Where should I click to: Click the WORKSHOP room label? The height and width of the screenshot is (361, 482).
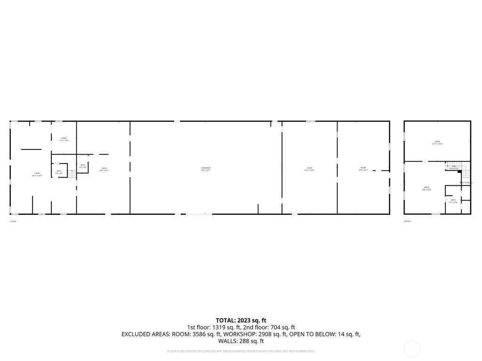pos(206,168)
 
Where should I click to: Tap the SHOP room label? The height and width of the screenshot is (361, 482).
pos(37,173)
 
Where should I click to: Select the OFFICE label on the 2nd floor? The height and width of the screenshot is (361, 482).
pos(426,188)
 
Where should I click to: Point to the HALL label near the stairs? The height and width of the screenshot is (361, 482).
pos(454,166)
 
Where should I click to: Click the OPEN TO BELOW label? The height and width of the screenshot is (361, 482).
pos(466,182)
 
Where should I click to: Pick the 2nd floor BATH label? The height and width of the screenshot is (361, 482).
pos(453,200)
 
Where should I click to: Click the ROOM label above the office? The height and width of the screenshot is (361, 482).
pos(437,141)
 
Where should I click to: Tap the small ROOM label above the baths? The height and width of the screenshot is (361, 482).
pos(64,138)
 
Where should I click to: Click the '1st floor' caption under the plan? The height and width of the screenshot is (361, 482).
pos(13,221)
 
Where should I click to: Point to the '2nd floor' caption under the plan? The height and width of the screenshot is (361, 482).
pos(407,221)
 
